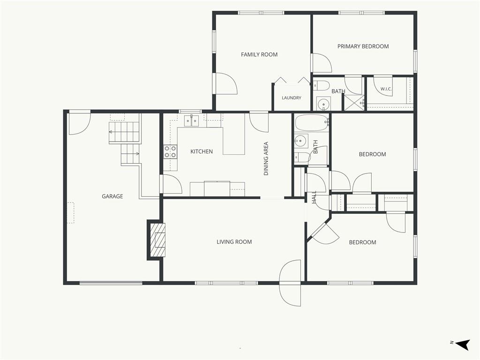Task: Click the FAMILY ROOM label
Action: tap(259, 54)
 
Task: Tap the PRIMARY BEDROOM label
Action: tap(363, 46)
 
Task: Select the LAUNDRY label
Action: tap(292, 97)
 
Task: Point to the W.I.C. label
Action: tap(386, 89)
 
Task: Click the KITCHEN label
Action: tap(202, 151)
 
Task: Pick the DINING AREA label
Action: tap(266, 158)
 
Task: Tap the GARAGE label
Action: tap(112, 196)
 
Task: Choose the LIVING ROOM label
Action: tap(234, 242)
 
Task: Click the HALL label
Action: tap(315, 197)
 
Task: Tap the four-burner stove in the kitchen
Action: tap(171, 151)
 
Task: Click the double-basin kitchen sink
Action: tap(191, 121)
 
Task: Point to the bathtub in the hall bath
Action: tap(312, 123)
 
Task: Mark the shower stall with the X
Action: tap(354, 103)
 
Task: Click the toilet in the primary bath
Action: tap(321, 85)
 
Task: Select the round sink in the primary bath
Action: tap(323, 104)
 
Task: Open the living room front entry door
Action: tap(290, 283)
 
